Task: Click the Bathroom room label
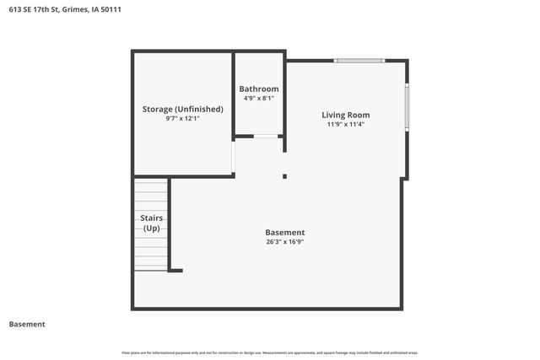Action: coord(258,89)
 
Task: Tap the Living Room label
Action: coord(345,115)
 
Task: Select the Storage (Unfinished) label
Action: coord(182,109)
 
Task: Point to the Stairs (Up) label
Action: coord(151,223)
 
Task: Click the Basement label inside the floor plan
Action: coord(284,232)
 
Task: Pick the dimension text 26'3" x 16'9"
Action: coord(284,242)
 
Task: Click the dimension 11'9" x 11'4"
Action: coord(345,124)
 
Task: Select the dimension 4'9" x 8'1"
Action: coord(258,98)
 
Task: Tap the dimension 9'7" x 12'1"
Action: coord(182,119)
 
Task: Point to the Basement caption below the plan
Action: coord(27,324)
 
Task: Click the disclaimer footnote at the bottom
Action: coord(270,352)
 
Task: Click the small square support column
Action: coord(284,176)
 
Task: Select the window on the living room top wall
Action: coord(359,61)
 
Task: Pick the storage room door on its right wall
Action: coord(234,155)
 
